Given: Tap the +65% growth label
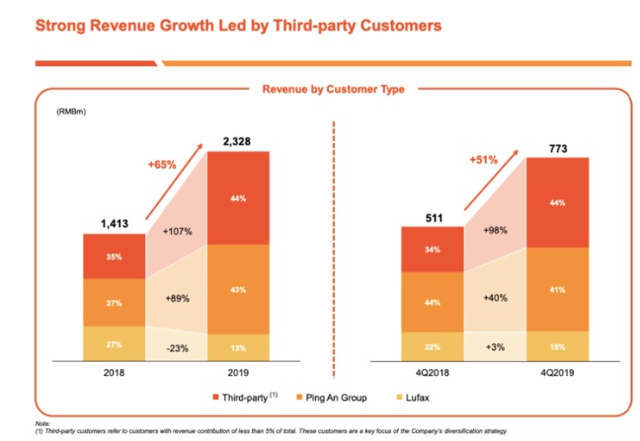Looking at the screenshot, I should (x=161, y=165).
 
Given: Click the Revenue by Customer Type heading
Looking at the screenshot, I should (x=333, y=90).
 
